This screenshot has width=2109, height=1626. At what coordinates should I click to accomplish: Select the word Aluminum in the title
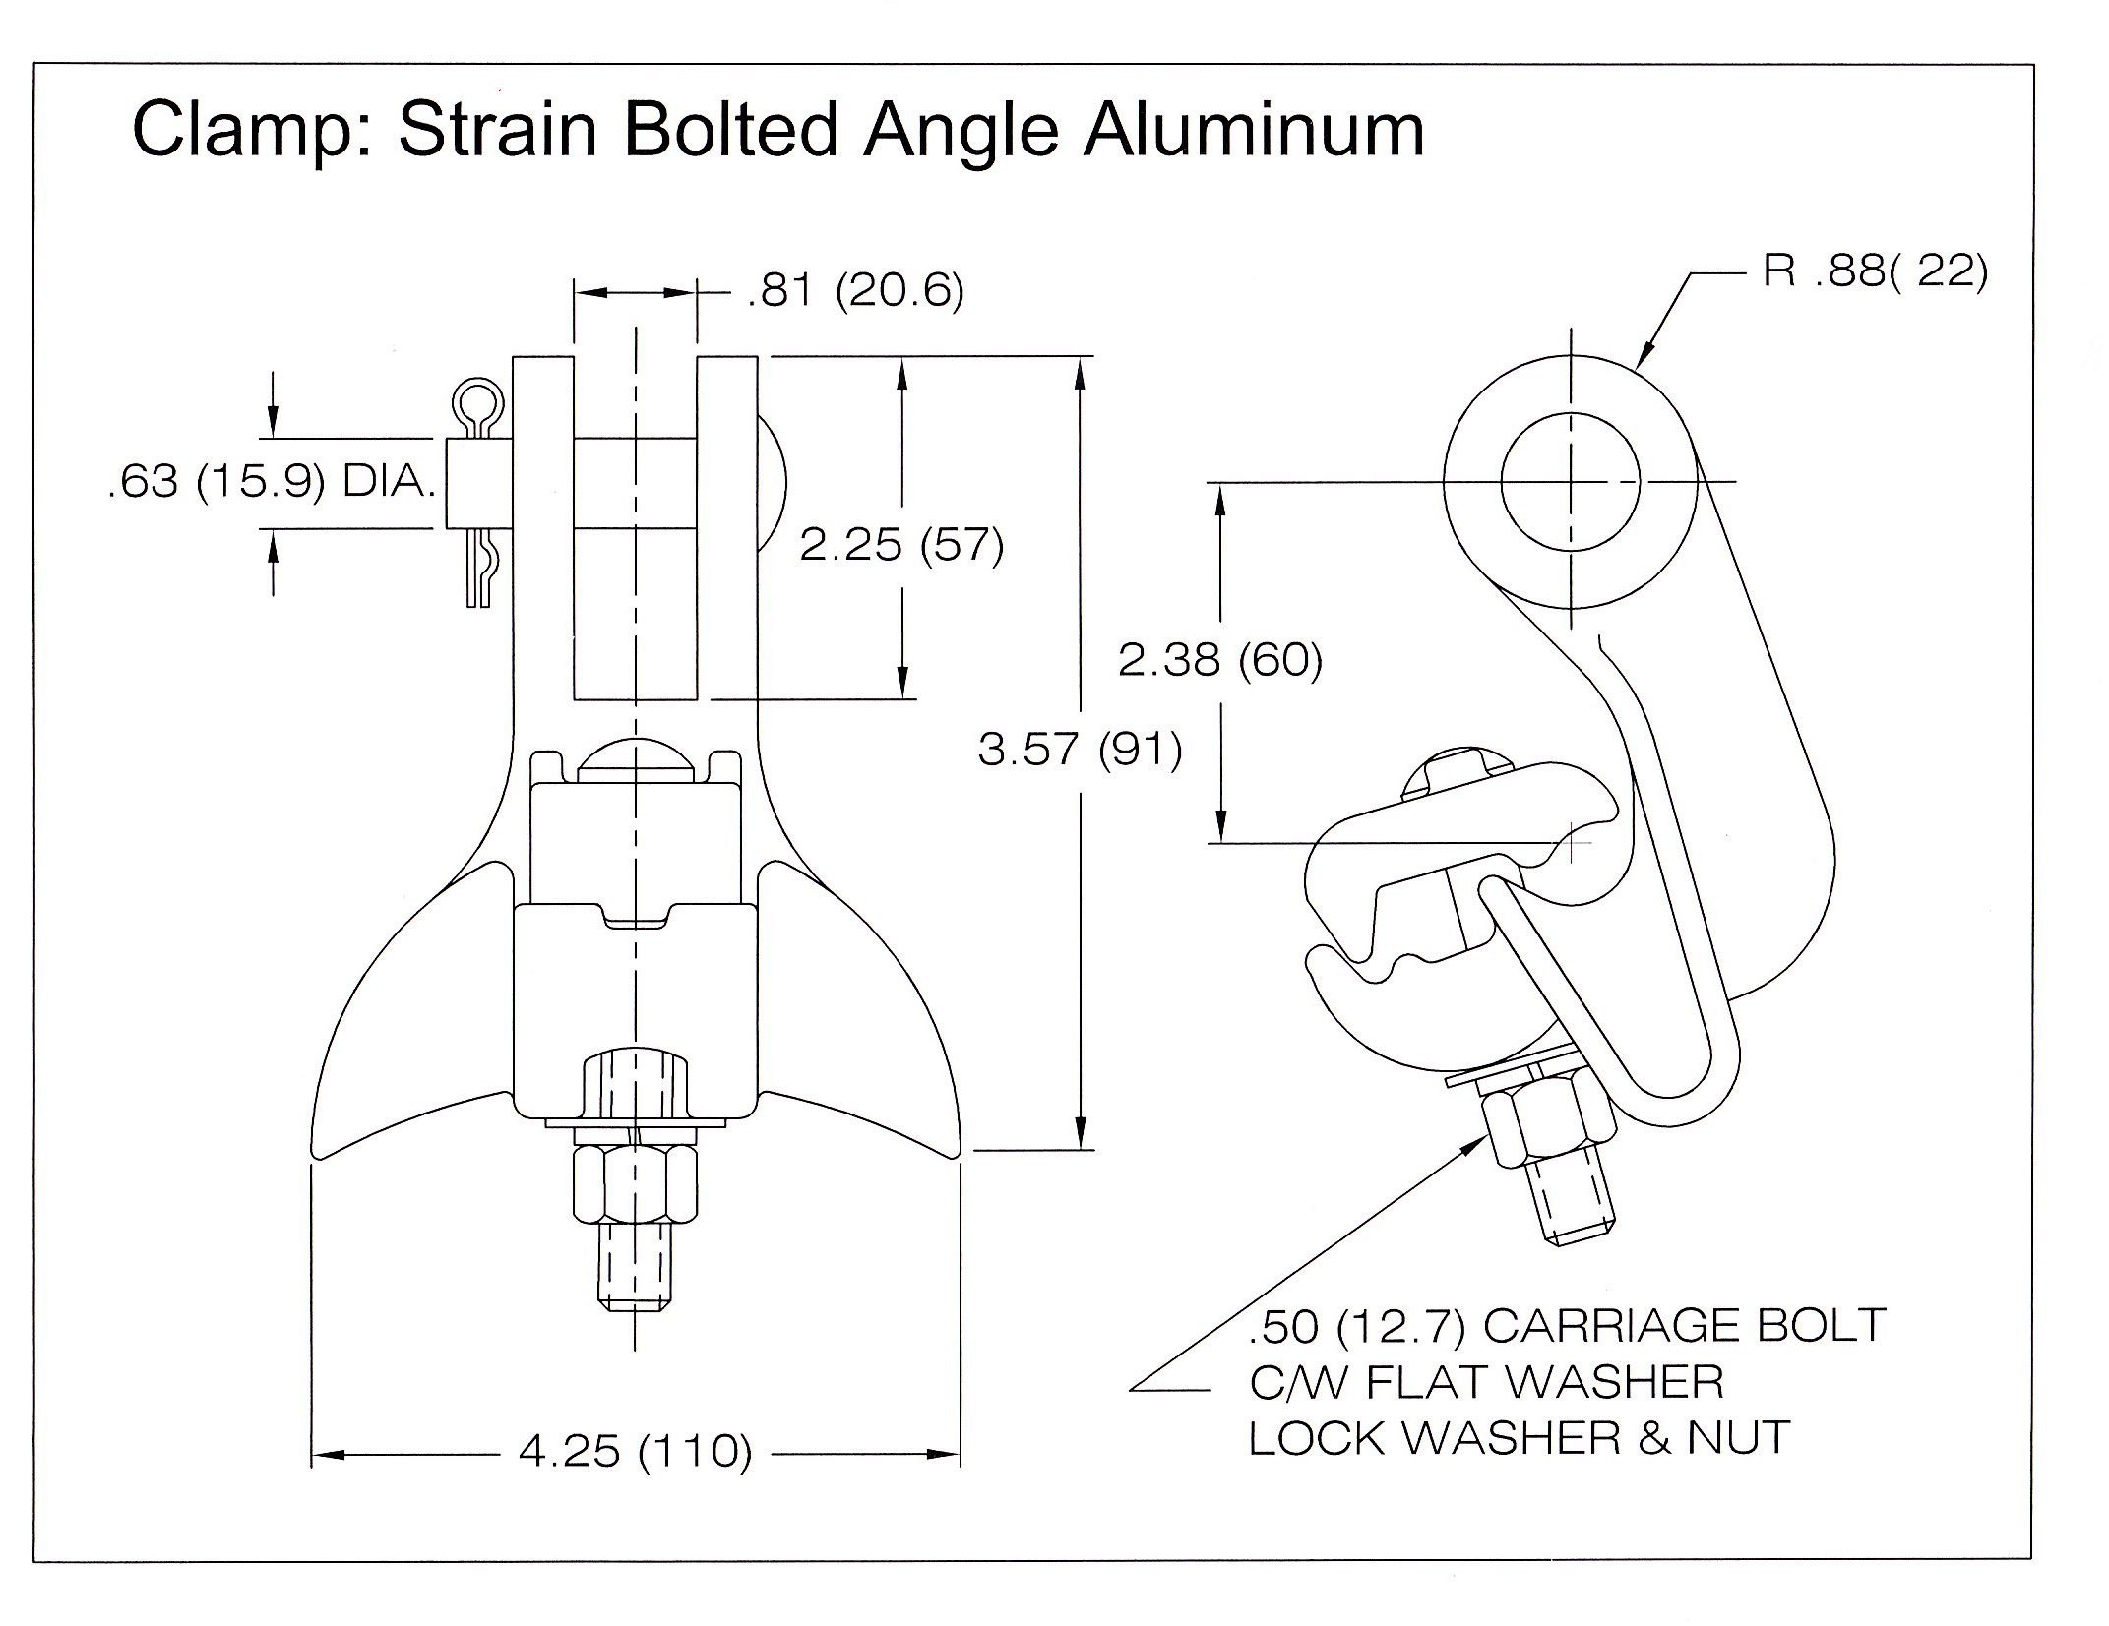coord(1254,129)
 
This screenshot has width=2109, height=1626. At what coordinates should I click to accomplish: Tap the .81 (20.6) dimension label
coord(855,291)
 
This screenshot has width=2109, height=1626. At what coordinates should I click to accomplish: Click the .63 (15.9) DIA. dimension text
coord(272,482)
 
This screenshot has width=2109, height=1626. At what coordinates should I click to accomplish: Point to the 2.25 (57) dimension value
coord(901,544)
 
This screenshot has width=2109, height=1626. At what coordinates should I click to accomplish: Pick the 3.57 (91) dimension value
coord(1080,750)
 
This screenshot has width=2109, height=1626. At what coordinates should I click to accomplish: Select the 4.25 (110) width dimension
coord(635,1451)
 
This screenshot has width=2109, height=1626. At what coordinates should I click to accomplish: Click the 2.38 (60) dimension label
coord(1220,660)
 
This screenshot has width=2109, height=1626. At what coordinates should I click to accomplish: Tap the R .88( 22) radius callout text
coord(1875,271)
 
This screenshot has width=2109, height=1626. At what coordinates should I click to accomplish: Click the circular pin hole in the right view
coord(1571,482)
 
